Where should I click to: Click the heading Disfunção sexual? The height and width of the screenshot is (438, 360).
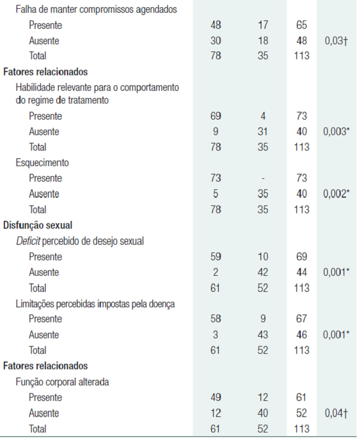39,225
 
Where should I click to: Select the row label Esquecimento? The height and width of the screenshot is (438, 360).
42,163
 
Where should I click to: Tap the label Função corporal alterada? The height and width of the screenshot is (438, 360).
63,382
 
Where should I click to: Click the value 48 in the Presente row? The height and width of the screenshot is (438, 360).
216,25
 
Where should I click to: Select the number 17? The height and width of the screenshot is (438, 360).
263,25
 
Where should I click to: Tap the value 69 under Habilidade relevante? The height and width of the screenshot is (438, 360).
216,116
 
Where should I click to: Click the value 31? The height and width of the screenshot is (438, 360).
263,132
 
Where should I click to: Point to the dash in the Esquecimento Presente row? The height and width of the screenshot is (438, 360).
263,179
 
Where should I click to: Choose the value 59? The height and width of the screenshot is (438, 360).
216,257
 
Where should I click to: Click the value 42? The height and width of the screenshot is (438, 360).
263,272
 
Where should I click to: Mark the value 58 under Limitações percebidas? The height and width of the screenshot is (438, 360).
216,319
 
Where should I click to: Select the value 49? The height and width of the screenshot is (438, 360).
216,398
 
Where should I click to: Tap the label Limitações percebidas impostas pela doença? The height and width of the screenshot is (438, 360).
95,303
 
